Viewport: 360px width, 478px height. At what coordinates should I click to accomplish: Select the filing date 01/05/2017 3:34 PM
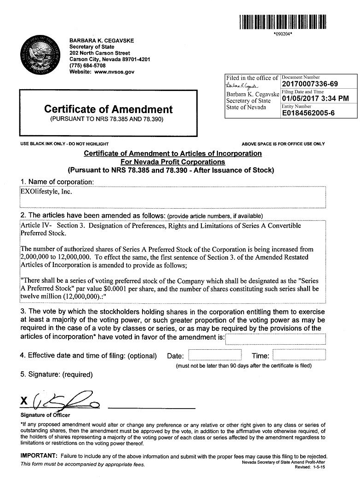point(315,98)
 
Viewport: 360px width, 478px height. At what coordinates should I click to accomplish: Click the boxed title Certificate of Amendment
point(109,109)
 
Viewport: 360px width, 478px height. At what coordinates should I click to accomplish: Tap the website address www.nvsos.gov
point(114,72)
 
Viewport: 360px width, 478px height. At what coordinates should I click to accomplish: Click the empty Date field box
point(215,355)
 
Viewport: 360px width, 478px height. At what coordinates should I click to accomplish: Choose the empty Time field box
point(299,355)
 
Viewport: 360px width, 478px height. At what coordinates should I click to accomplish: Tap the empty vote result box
point(275,339)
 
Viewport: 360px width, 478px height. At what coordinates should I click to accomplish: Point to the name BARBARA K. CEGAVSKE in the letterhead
point(102,40)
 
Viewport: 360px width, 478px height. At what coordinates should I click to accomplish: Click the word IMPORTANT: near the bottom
point(39,455)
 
